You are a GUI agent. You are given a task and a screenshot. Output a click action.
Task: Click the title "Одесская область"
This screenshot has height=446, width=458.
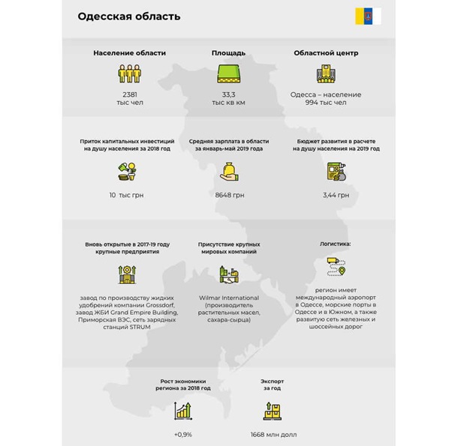129,16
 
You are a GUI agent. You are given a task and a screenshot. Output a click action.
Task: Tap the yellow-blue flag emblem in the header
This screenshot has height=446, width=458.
368,16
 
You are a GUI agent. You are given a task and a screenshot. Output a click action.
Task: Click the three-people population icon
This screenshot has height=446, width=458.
130,73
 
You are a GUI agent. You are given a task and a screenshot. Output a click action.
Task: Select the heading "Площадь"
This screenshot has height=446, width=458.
227,53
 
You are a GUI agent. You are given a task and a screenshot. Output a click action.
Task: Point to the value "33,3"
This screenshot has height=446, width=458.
228,94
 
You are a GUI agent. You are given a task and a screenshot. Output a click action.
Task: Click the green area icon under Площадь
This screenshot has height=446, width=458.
228,73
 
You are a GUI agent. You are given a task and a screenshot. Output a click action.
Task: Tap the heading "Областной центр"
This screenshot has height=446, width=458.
325,53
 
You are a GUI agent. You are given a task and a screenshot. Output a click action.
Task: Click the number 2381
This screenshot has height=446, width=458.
130,94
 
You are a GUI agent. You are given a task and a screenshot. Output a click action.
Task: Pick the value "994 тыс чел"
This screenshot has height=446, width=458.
325,103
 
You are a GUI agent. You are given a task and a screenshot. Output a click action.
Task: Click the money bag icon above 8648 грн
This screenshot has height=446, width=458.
229,172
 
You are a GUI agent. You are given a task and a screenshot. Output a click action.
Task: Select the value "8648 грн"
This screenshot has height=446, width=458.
229,195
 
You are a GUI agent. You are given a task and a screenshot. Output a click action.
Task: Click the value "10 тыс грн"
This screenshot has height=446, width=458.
126,195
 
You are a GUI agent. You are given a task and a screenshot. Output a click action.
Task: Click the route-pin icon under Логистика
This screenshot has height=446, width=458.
336,267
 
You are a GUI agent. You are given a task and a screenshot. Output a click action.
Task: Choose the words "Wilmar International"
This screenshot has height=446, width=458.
229,298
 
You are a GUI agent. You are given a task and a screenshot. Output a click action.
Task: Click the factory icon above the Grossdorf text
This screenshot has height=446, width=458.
126,274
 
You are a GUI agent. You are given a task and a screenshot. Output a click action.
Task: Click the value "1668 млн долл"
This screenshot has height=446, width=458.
273,434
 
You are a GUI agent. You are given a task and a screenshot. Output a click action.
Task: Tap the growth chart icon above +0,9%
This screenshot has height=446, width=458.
182,410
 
